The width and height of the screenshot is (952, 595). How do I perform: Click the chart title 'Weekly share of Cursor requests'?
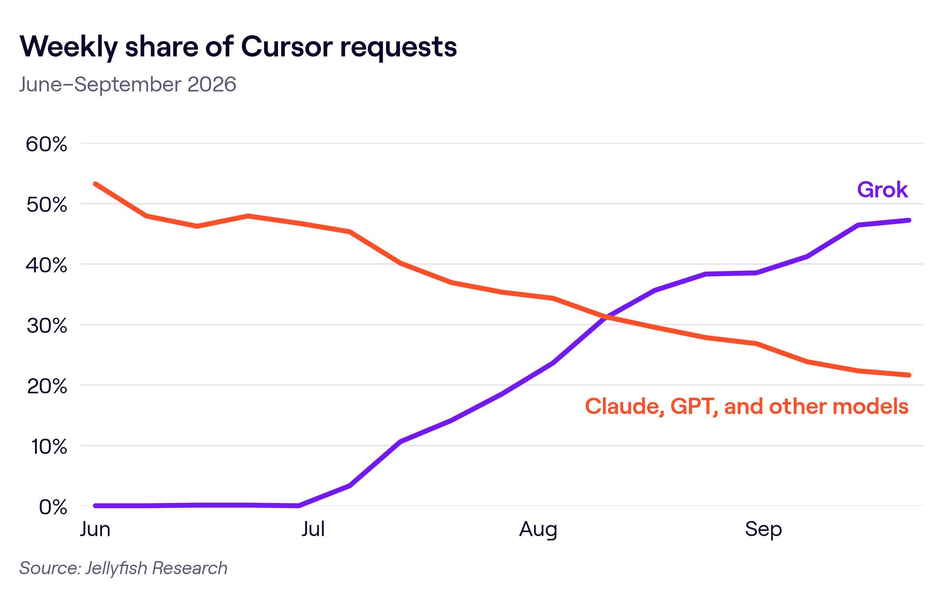pyautogui.click(x=238, y=47)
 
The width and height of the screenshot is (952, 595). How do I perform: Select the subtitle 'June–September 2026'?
pyautogui.click(x=128, y=84)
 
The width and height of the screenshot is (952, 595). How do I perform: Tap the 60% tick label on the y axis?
pyautogui.click(x=46, y=144)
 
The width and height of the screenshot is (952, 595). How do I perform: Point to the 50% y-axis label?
pyautogui.click(x=46, y=205)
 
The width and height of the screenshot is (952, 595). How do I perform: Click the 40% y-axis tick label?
pyautogui.click(x=46, y=265)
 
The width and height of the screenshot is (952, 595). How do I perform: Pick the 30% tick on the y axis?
pyautogui.click(x=46, y=326)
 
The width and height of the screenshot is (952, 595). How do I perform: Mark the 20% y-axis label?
pyautogui.click(x=46, y=386)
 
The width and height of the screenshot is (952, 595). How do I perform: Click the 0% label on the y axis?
pyautogui.click(x=53, y=507)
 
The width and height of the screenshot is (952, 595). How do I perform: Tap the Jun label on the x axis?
pyautogui.click(x=95, y=529)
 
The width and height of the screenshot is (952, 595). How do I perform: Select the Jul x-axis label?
pyautogui.click(x=313, y=529)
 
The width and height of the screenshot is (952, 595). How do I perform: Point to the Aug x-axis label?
pyautogui.click(x=538, y=530)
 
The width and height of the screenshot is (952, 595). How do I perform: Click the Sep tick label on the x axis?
pyautogui.click(x=763, y=530)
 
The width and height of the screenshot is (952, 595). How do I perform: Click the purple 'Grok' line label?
pyautogui.click(x=883, y=190)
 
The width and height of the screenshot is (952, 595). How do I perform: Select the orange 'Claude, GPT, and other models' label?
pyautogui.click(x=747, y=407)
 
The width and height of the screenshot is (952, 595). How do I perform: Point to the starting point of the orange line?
pyautogui.click(x=96, y=184)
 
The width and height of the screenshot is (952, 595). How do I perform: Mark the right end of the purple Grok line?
pyautogui.click(x=909, y=220)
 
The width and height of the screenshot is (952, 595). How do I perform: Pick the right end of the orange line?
pyautogui.click(x=909, y=375)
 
